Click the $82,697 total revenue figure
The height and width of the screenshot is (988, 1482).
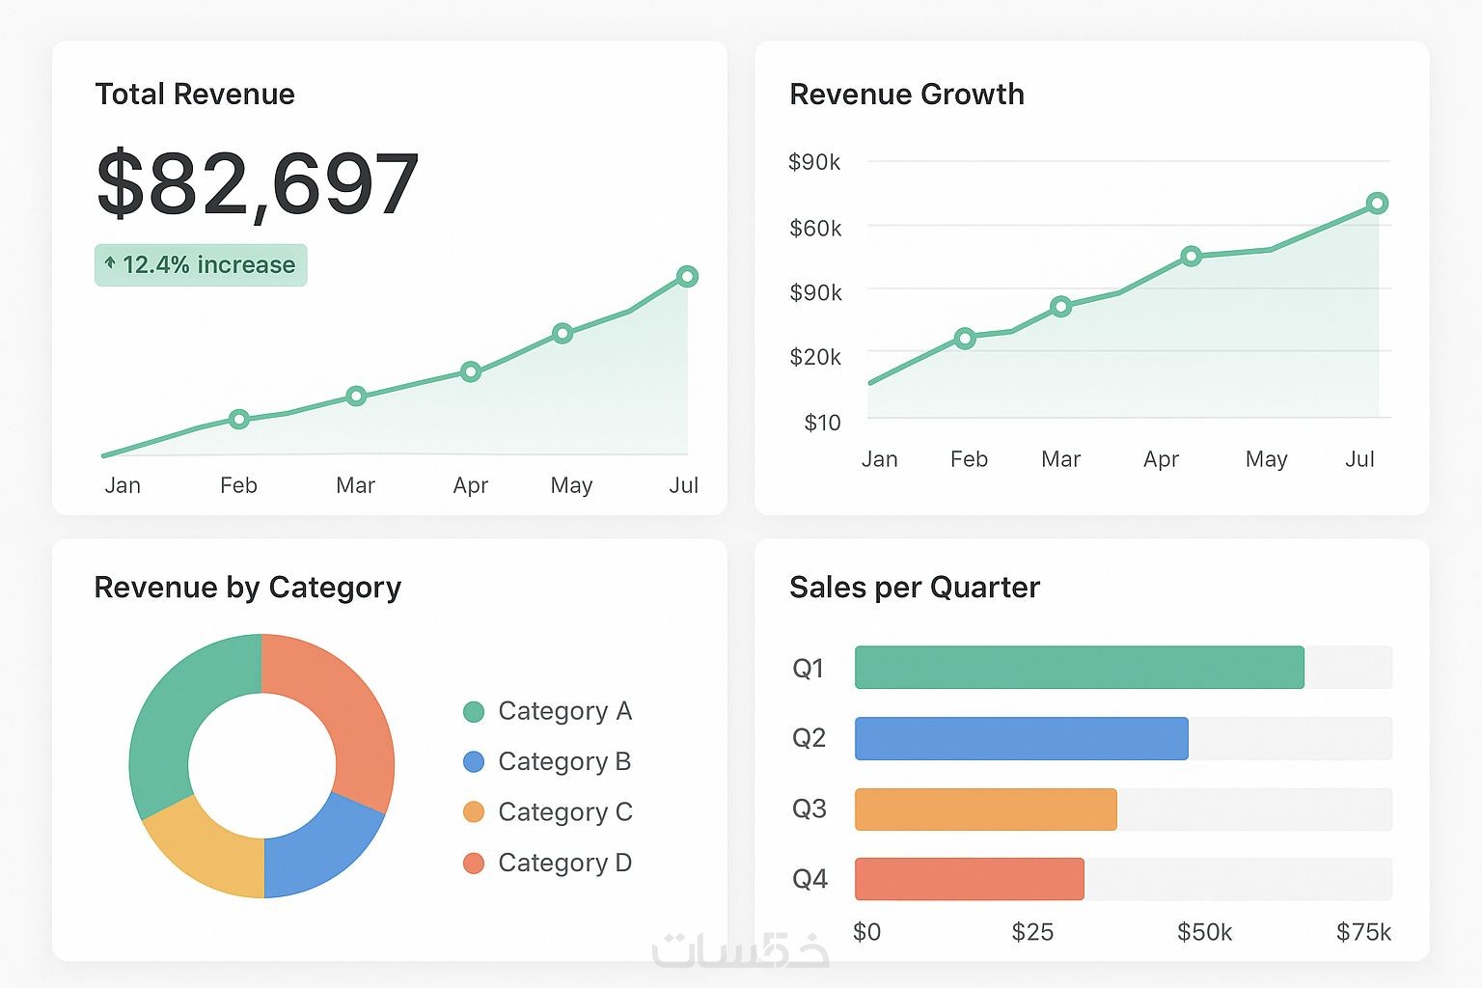pyautogui.click(x=258, y=183)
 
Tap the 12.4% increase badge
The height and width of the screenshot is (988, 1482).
pyautogui.click(x=201, y=265)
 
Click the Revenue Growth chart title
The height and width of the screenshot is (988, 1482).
pyautogui.click(x=906, y=95)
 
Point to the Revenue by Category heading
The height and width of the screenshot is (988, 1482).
pyautogui.click(x=247, y=588)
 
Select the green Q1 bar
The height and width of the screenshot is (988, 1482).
pyautogui.click(x=1079, y=668)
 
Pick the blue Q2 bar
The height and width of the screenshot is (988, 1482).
pyautogui.click(x=1021, y=738)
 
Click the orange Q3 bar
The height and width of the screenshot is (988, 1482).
pyautogui.click(x=985, y=810)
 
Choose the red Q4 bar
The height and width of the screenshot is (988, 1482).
pyautogui.click(x=969, y=879)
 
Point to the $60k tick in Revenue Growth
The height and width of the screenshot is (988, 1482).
pyautogui.click(x=815, y=229)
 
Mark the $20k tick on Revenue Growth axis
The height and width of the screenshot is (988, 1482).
pyautogui.click(x=815, y=357)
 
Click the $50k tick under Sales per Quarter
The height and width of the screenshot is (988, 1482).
pyautogui.click(x=1204, y=932)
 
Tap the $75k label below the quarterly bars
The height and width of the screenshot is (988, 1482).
pyautogui.click(x=1363, y=932)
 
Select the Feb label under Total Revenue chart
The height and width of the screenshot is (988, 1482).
pyautogui.click(x=238, y=485)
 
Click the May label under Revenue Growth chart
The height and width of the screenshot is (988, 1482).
pyautogui.click(x=1266, y=459)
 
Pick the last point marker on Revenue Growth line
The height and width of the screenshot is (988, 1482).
pyautogui.click(x=1377, y=204)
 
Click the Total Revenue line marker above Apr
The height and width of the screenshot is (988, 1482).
pyautogui.click(x=471, y=371)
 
